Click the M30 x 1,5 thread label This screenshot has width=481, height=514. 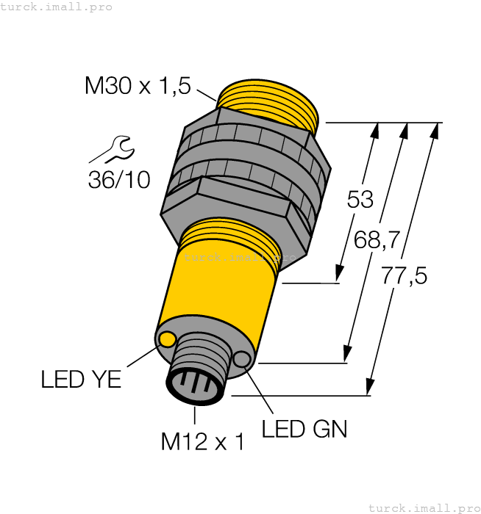click(x=138, y=87)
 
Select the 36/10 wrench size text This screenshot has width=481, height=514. click(x=118, y=179)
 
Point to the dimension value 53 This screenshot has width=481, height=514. click(x=360, y=200)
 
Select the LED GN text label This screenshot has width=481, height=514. click(x=304, y=429)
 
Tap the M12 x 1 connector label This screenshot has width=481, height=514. click(x=202, y=441)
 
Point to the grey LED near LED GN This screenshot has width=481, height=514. click(x=242, y=359)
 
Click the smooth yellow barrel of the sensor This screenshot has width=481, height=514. click(x=221, y=294)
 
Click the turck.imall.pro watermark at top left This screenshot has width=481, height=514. click(x=56, y=7)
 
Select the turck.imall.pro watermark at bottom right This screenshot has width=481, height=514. click(x=424, y=507)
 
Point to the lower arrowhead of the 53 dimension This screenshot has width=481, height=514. click(x=340, y=275)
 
